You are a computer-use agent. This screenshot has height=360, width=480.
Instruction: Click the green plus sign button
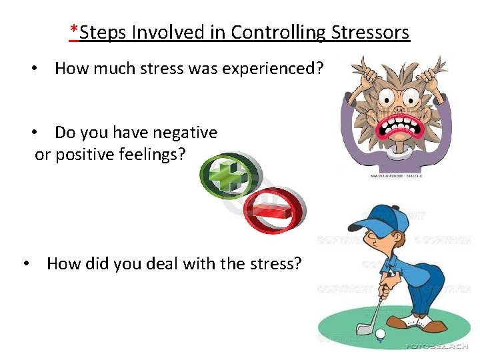click(x=227, y=177)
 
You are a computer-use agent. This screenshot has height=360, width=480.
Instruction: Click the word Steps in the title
click(x=101, y=32)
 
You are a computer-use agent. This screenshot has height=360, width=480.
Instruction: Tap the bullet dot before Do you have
click(x=41, y=133)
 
